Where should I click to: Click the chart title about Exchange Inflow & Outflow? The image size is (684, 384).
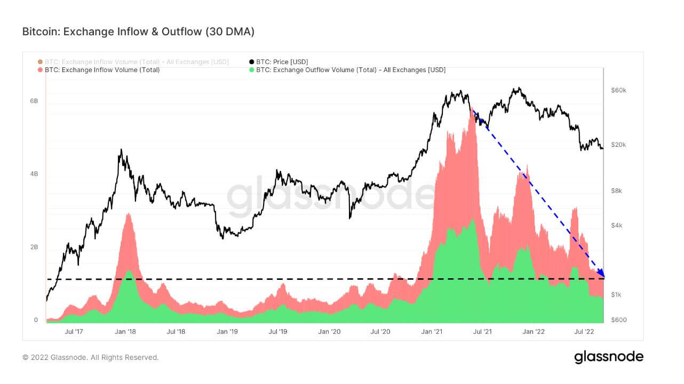click(x=138, y=32)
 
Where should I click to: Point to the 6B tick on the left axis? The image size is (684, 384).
click(x=33, y=101)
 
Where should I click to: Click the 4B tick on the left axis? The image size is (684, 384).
click(x=33, y=174)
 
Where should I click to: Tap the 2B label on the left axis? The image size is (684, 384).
click(x=33, y=247)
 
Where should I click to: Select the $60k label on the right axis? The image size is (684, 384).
click(x=618, y=90)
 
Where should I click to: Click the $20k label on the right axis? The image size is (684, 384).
click(x=618, y=145)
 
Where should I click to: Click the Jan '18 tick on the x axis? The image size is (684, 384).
click(x=124, y=332)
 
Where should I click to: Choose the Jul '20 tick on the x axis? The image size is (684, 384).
click(x=380, y=332)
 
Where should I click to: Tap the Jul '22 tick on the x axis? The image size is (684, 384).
click(x=585, y=332)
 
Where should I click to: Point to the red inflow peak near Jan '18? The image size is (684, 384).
click(x=128, y=214)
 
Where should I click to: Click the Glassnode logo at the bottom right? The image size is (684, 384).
click(x=608, y=357)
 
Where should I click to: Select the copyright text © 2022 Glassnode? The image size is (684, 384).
click(x=90, y=357)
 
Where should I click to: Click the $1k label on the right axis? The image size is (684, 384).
click(x=616, y=295)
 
